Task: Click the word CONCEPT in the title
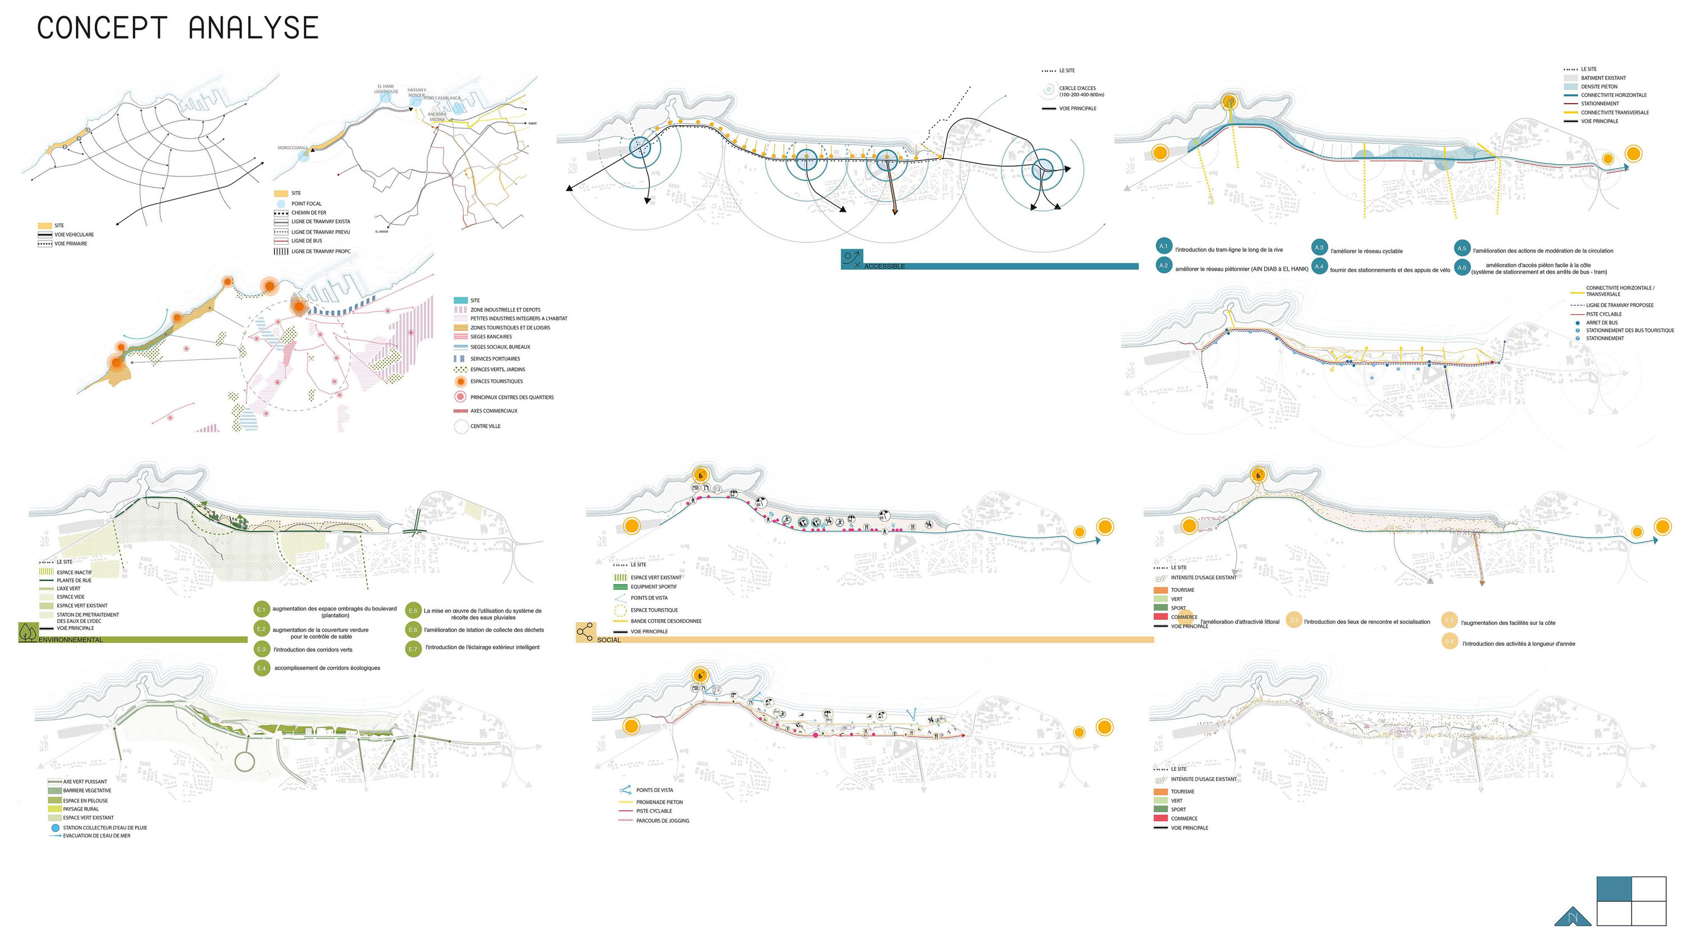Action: point(102,29)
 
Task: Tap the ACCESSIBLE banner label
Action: point(884,266)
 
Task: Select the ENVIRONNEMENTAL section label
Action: point(71,640)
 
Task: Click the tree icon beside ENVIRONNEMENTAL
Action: point(28,632)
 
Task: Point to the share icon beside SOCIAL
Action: point(585,632)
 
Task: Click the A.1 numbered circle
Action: point(1163,246)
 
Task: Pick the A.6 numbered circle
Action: point(1461,267)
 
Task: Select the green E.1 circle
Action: point(261,610)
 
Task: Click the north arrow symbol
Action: point(1572,917)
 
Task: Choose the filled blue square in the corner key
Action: point(1614,889)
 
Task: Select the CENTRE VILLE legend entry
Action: point(485,426)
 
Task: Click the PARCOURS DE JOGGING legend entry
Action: point(662,821)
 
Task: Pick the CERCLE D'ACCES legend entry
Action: point(1078,91)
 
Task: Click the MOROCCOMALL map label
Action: point(292,148)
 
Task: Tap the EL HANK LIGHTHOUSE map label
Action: point(386,89)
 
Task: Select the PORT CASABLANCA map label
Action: point(443,98)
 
